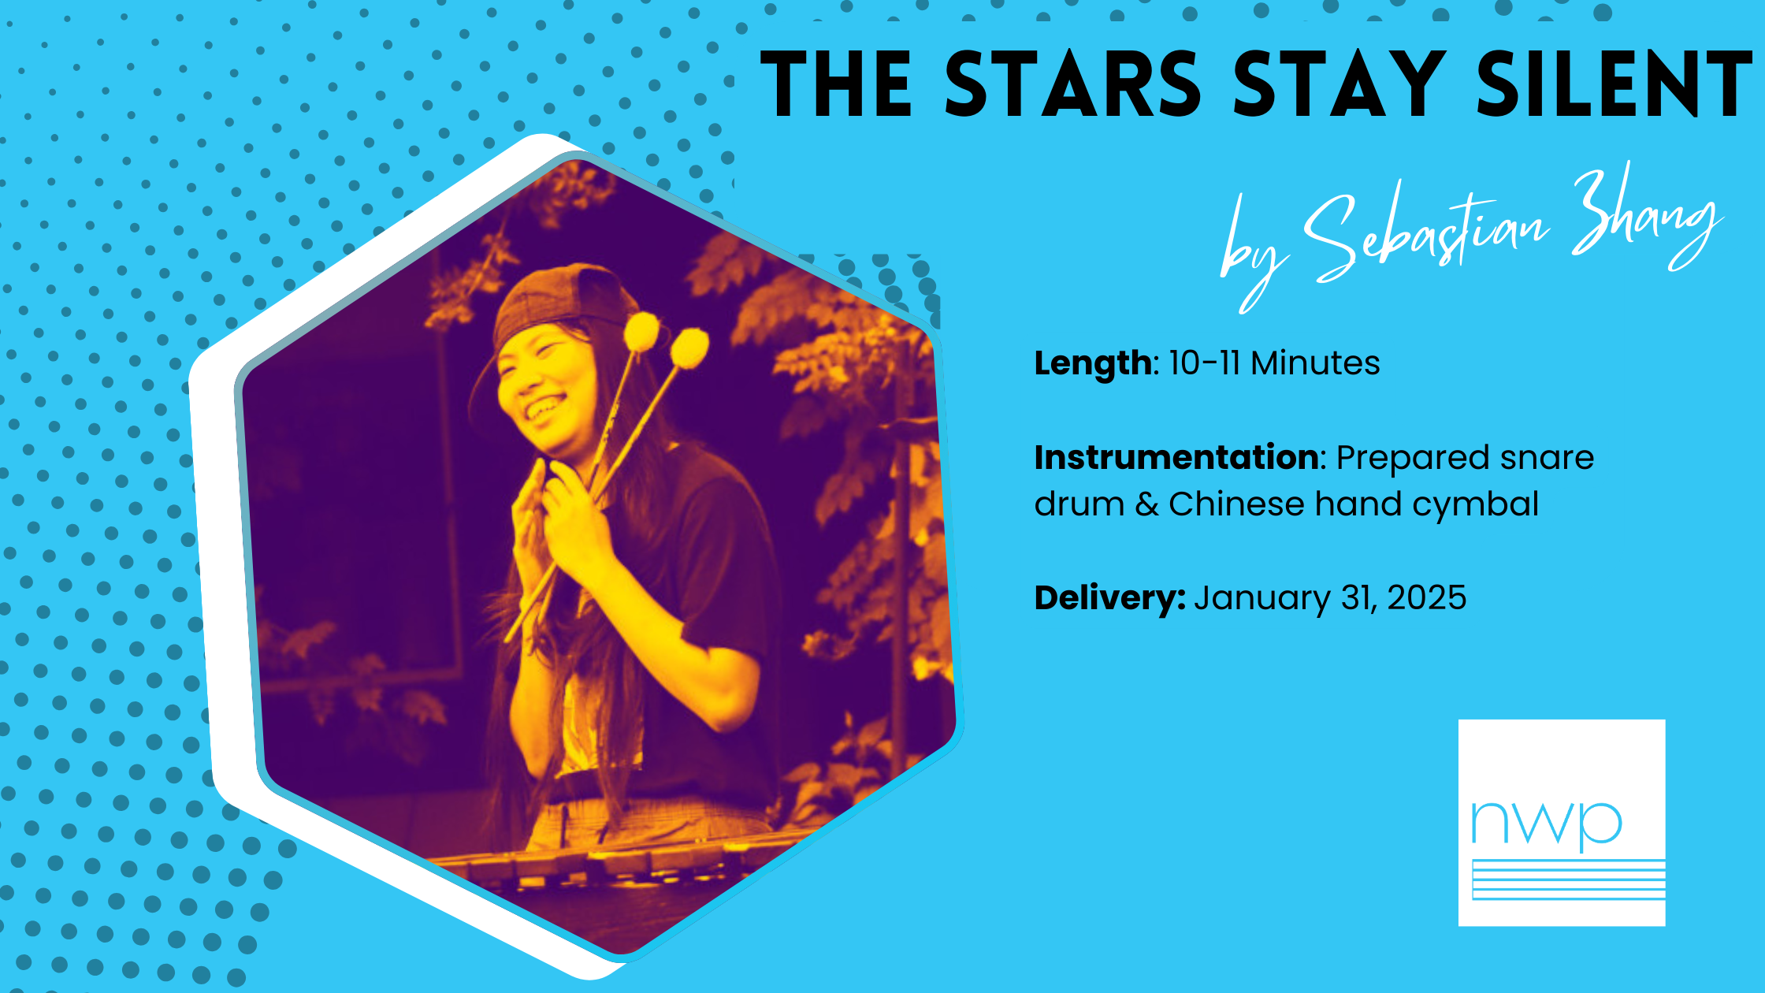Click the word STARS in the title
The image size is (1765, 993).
[1073, 84]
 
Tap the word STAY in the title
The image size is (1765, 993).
[1340, 84]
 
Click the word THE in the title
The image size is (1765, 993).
[837, 84]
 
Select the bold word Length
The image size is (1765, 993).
[1093, 364]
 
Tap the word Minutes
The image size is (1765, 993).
[1315, 363]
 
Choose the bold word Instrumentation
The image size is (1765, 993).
[1176, 457]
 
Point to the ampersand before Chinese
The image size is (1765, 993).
[1146, 504]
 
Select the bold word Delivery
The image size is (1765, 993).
[1109, 598]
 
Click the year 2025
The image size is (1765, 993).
[1427, 598]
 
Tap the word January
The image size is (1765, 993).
[1262, 599]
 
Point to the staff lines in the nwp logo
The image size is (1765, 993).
[1569, 880]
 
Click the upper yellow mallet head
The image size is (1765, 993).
[641, 331]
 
